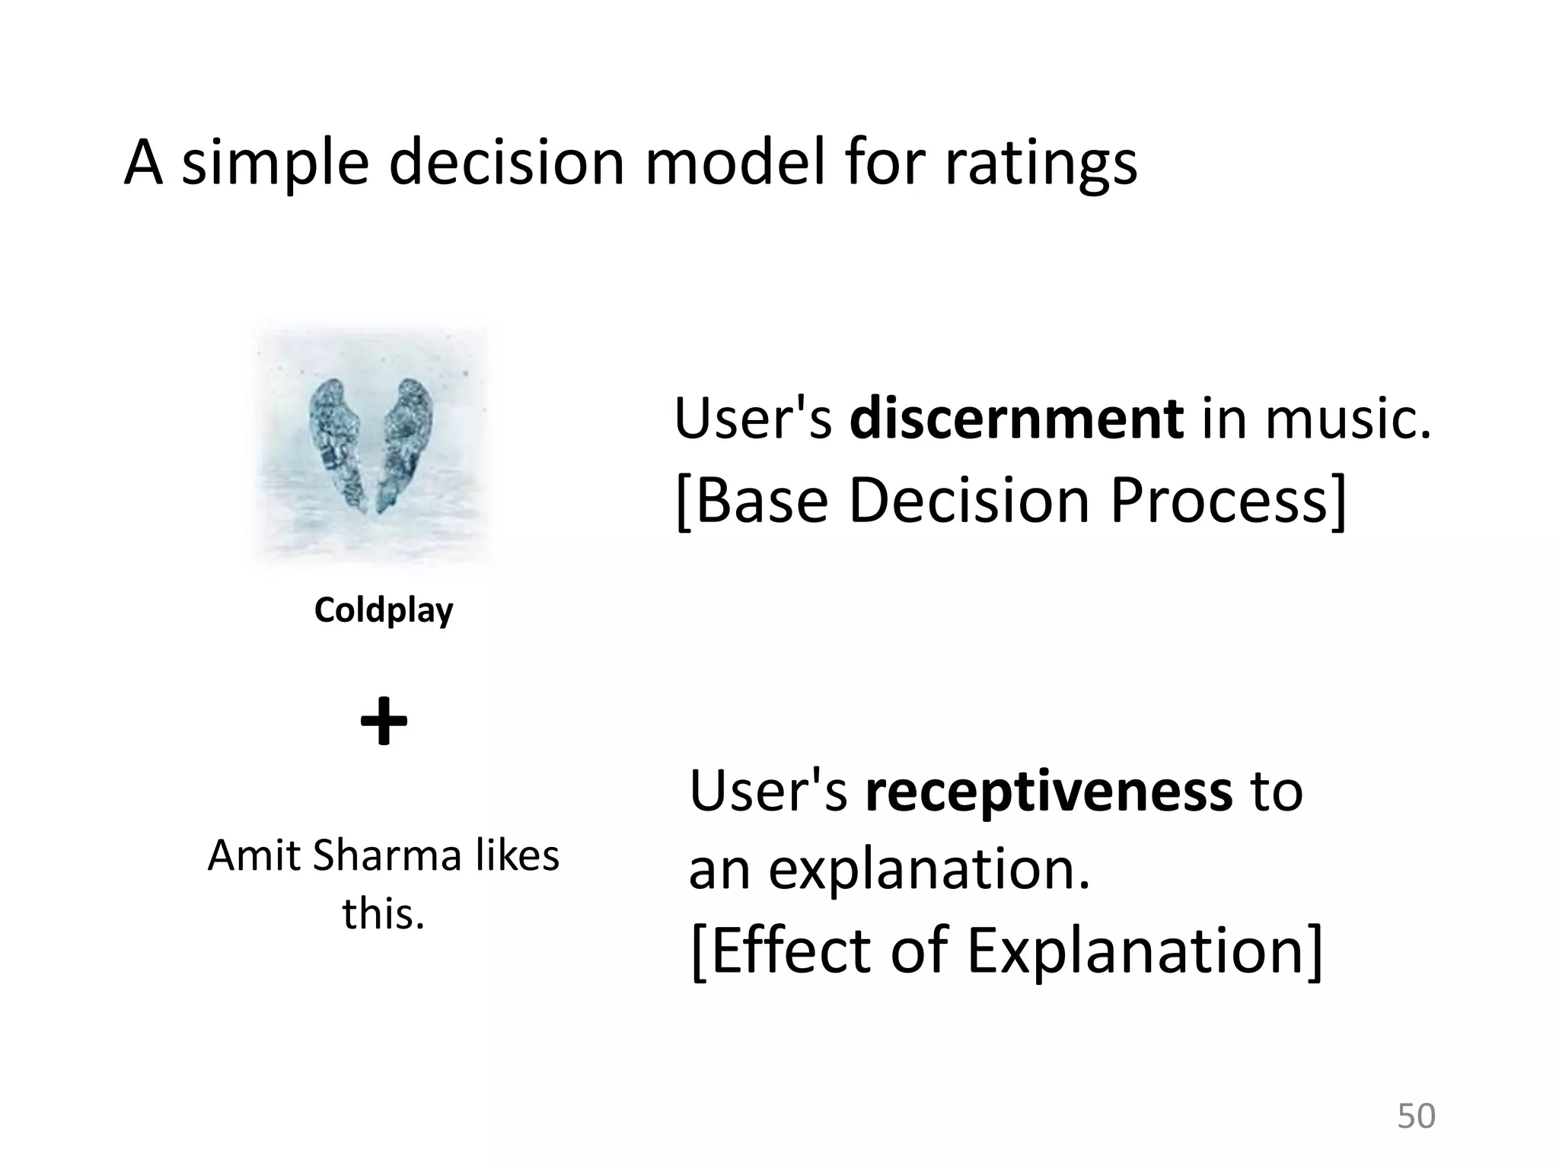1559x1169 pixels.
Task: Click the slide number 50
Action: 1416,1116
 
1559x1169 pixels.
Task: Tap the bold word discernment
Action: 1016,419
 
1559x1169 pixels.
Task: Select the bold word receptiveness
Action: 1048,792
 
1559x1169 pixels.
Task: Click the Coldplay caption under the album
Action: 384,610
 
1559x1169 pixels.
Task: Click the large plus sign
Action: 384,721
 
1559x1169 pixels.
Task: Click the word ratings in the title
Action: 1041,164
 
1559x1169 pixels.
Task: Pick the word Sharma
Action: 387,855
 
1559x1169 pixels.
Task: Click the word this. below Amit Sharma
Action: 383,913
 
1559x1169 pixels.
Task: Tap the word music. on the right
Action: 1348,419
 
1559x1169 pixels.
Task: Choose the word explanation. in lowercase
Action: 929,869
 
